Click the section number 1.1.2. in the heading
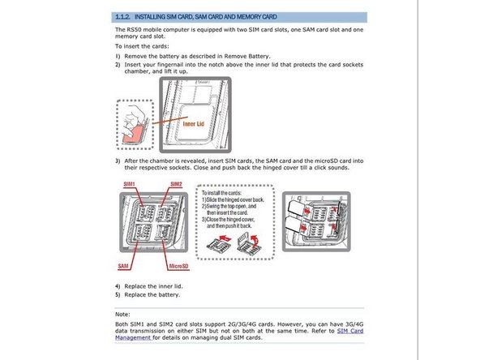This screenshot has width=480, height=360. coord(123,17)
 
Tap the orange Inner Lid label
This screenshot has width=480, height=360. coord(194,124)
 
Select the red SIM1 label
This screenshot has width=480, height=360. coord(130,184)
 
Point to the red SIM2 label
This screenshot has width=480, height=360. coord(176,184)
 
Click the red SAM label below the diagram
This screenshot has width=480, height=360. coord(123,266)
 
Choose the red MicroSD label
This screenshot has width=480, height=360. coord(178,266)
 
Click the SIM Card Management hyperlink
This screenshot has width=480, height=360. coord(239,334)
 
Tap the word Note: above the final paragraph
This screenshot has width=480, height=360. coord(122,315)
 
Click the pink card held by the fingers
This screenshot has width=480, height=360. coord(133,135)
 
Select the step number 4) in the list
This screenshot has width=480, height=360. coord(118,286)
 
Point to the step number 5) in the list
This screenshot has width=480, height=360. coord(118,295)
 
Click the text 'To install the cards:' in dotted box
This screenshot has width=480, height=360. coord(221,193)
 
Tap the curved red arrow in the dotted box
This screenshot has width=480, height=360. coord(254,239)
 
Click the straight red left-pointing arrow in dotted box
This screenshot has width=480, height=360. coord(225,238)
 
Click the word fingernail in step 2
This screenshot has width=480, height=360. coord(171,65)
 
